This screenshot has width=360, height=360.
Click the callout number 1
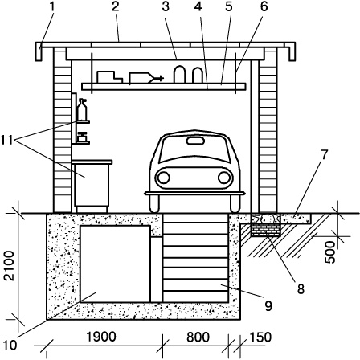[x=52, y=6]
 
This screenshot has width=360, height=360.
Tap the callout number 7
[x=324, y=154]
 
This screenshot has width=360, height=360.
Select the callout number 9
[x=268, y=305]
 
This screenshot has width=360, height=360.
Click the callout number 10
[x=10, y=346]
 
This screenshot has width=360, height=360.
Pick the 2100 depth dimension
[x=10, y=266]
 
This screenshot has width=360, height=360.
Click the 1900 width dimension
[x=101, y=337]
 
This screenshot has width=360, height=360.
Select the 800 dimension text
[x=198, y=337]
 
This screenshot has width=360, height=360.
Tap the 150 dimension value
[x=260, y=337]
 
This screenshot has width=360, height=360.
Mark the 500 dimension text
[x=330, y=252]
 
